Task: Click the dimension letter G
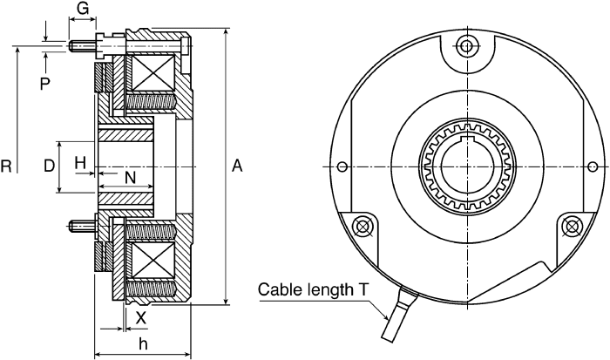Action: pos(83,8)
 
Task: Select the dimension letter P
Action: pos(45,84)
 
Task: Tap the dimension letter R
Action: pos(6,166)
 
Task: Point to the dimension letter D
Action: pos(50,166)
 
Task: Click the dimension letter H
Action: pos(80,163)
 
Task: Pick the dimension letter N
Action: pos(131,178)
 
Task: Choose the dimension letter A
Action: pos(237,166)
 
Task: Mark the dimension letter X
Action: pos(140,318)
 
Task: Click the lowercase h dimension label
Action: pos(143,343)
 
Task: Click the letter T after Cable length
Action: pos(363,289)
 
